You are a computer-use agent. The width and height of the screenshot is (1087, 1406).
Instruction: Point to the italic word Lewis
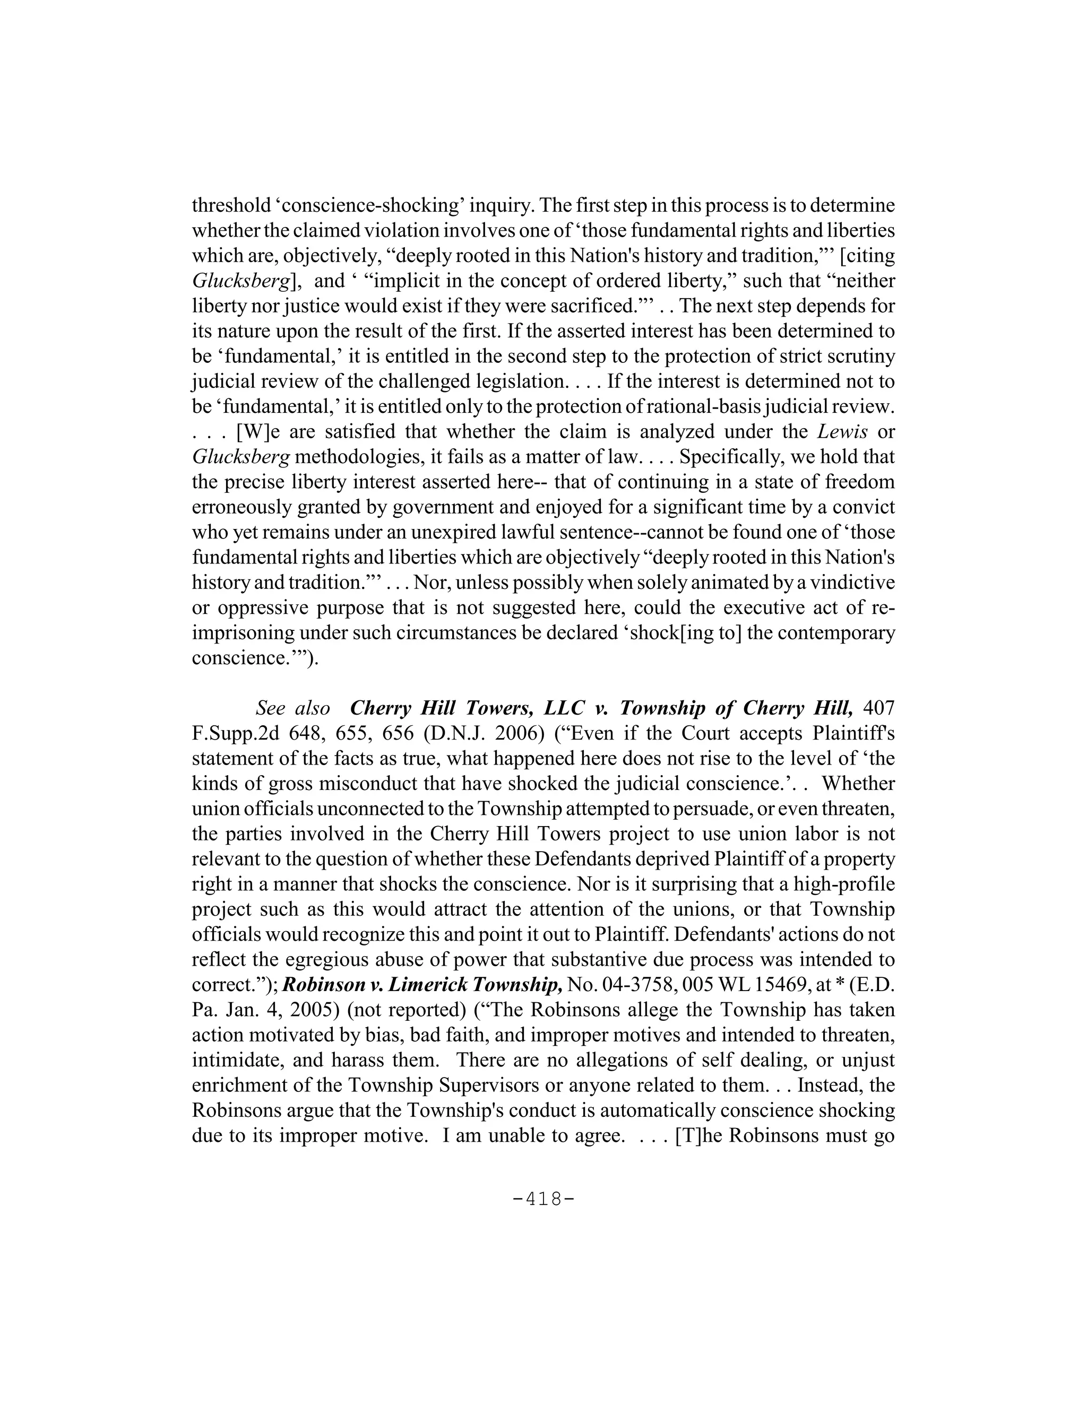click(x=841, y=431)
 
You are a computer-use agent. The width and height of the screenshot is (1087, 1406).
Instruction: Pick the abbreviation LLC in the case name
click(x=565, y=708)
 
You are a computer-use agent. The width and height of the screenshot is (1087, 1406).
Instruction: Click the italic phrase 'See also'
click(x=293, y=708)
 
